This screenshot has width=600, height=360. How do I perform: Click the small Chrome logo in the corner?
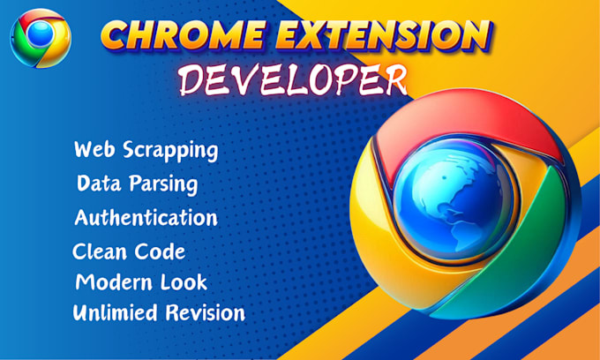39,37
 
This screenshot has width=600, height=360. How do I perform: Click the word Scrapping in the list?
171,150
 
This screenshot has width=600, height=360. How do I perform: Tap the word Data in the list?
99,184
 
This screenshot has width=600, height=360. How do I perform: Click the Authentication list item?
146,217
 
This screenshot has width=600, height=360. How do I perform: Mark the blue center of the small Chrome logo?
38,36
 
